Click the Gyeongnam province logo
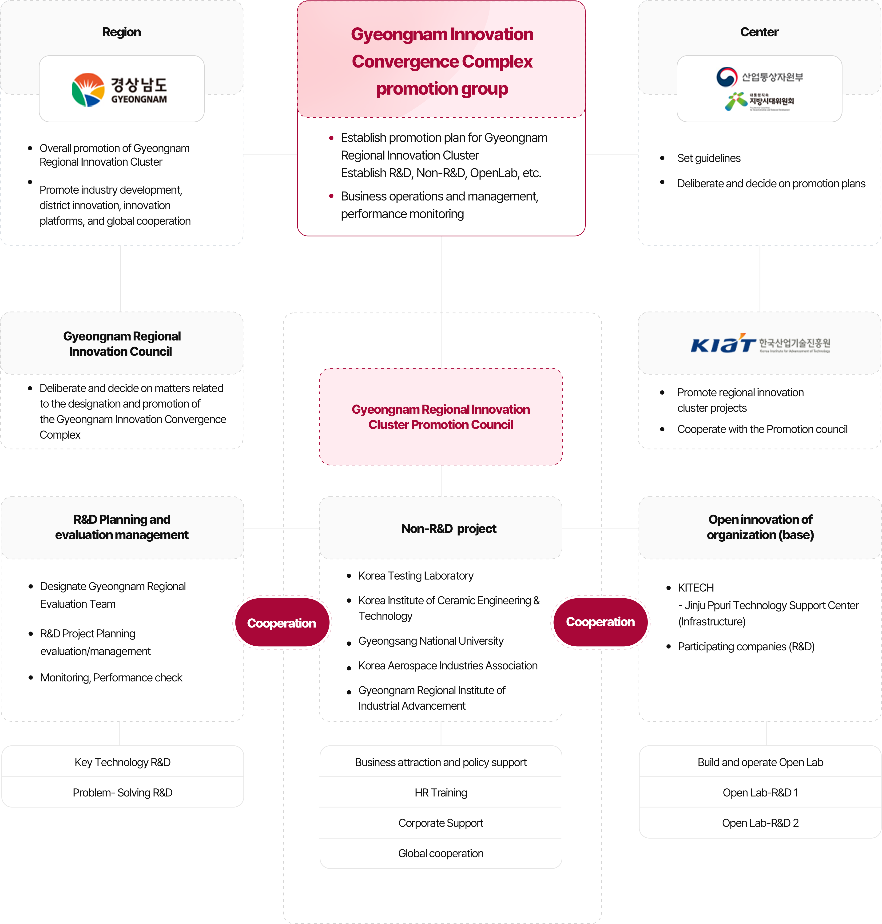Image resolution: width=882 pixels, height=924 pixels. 119,89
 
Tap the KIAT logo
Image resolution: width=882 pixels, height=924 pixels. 760,343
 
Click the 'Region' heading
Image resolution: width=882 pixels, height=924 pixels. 121,32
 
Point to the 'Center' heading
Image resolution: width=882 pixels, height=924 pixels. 759,32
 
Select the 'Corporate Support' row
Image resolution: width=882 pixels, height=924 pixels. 441,823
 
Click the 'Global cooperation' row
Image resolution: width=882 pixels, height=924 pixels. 441,853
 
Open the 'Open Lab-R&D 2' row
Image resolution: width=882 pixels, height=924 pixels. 760,823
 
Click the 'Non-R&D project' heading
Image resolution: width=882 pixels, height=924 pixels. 449,528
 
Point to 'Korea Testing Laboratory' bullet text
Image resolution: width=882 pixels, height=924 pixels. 416,576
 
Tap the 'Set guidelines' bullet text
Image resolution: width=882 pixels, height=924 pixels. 708,158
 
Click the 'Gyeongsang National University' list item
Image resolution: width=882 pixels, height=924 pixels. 431,641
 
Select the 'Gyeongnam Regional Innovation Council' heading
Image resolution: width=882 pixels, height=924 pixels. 121,344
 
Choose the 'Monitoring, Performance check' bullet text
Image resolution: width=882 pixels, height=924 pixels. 111,678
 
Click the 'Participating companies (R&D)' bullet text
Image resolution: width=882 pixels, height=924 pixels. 746,647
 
